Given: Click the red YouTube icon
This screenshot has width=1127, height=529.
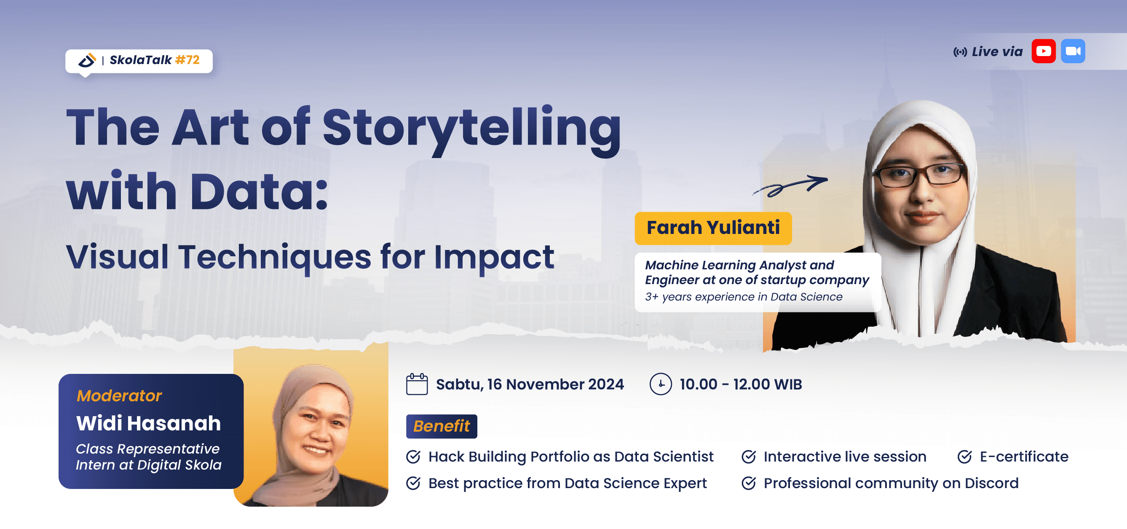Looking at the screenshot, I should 1044,51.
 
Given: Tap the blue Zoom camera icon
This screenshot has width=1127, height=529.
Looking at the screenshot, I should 1073,51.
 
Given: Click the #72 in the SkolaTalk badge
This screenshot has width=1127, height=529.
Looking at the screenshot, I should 187,60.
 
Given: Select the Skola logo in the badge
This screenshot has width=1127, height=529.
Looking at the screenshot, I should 87,60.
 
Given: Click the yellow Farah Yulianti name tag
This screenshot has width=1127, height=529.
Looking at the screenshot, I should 713,228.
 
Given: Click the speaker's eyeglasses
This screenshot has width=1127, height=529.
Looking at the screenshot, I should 919,175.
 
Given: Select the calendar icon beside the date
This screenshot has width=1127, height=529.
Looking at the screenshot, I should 417,384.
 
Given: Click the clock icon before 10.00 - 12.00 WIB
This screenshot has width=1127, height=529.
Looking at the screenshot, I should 660,384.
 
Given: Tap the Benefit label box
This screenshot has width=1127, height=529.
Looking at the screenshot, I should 441,426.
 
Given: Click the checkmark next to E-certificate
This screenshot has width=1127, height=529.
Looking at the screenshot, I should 964,457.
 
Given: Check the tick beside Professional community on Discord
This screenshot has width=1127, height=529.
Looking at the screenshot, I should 749,483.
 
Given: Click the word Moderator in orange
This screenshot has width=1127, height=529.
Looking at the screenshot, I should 119,395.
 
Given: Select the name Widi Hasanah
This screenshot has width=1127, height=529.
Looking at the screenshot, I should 148,423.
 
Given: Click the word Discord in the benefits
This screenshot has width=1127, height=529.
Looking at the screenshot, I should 991,483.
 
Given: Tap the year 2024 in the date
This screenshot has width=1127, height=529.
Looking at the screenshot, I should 606,384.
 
